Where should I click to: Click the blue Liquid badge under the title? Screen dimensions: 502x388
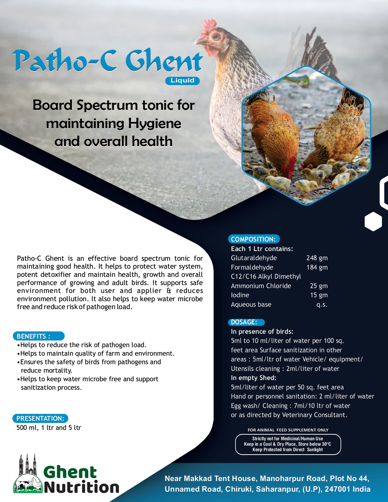[x=182, y=81]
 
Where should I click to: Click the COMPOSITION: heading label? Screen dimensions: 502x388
[x=253, y=239]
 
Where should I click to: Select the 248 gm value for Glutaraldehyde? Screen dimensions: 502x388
[x=317, y=258]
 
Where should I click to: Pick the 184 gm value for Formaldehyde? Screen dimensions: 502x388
[x=317, y=267]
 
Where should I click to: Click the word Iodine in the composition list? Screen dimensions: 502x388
[x=240, y=295]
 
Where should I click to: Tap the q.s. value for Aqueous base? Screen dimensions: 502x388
[x=322, y=305]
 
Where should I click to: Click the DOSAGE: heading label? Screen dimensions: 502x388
[x=244, y=322]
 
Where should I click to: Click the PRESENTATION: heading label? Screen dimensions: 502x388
[x=40, y=418]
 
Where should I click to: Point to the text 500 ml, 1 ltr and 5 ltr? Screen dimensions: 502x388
[x=49, y=428]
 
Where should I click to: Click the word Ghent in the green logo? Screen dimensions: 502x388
[x=70, y=472]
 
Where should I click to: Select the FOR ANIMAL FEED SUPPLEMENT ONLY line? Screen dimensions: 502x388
[x=288, y=430]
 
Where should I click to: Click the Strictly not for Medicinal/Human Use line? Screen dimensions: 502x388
[x=288, y=439]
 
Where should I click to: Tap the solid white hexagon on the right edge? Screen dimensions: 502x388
[x=373, y=221]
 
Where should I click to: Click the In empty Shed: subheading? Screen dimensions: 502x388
[x=253, y=378]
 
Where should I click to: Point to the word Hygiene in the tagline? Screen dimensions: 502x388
[x=154, y=124]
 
